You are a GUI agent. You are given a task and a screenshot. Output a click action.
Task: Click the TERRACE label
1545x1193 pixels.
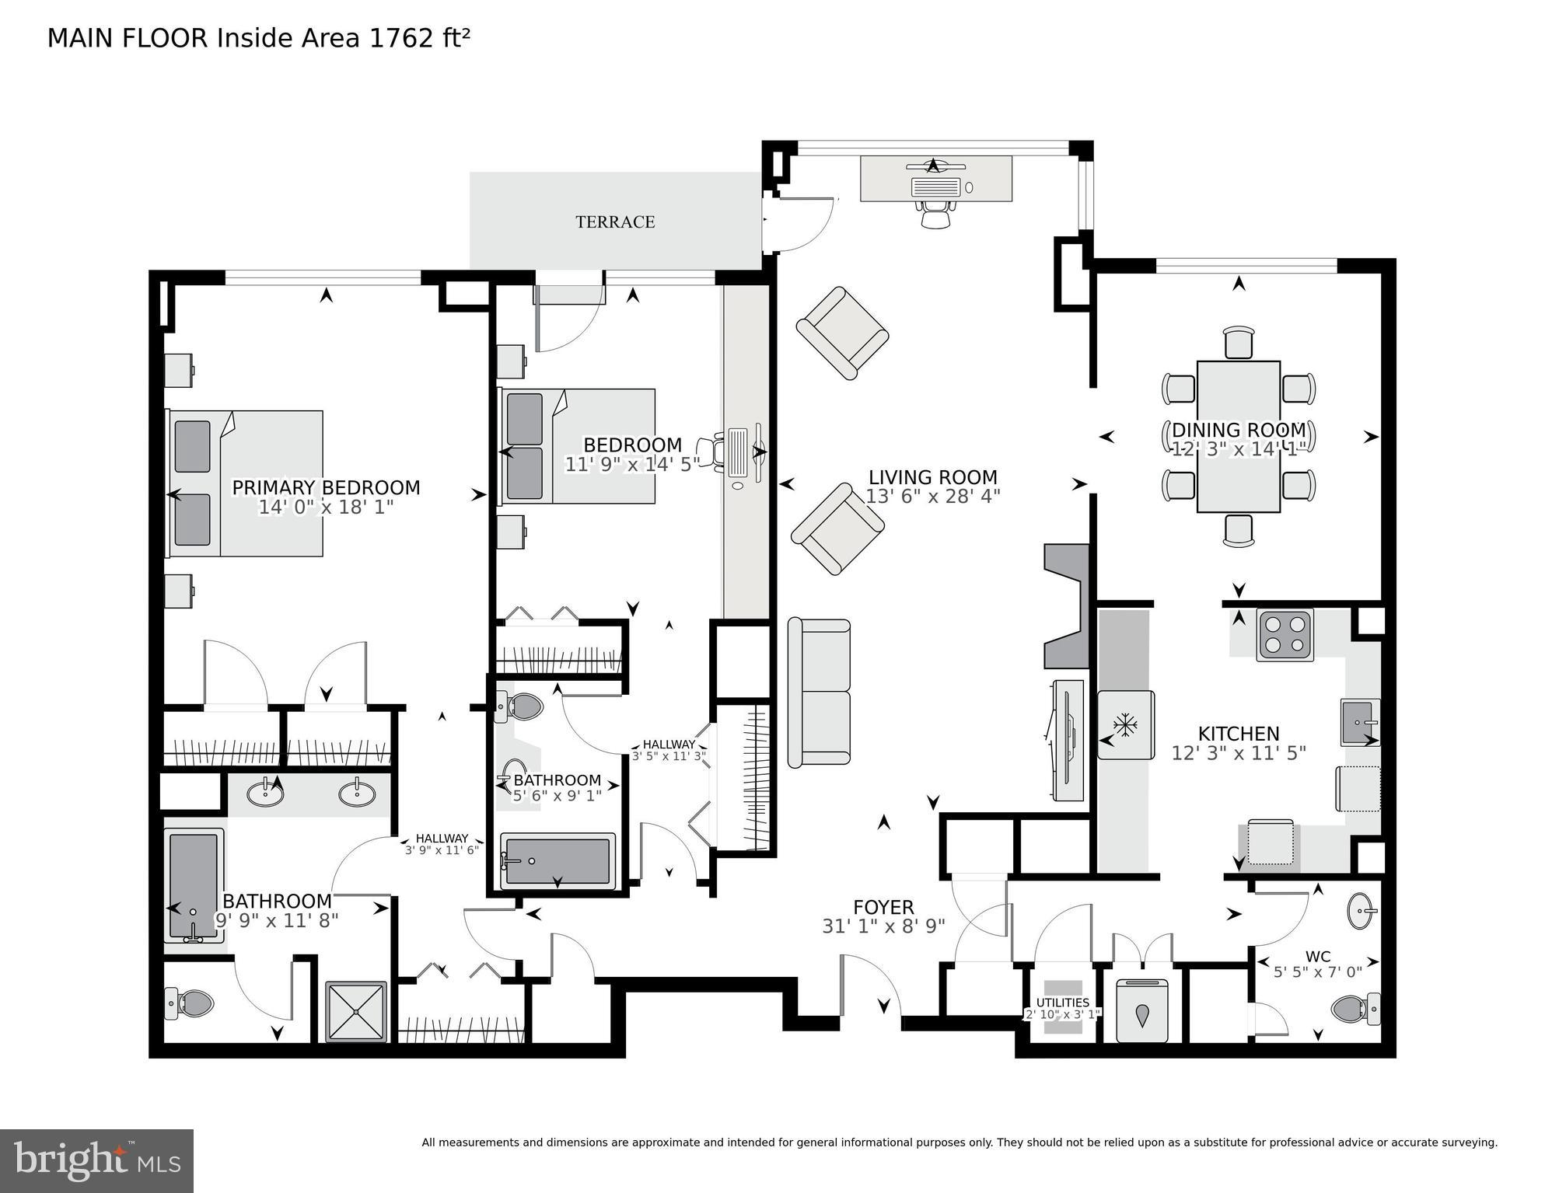614,222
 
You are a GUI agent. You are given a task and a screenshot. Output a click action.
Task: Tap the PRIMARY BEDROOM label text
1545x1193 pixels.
326,487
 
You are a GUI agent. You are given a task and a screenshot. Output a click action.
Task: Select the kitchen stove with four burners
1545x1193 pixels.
1285,635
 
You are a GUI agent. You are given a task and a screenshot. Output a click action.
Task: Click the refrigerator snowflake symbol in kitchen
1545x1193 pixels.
1125,724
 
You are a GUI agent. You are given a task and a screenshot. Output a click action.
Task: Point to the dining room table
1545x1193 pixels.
1238,436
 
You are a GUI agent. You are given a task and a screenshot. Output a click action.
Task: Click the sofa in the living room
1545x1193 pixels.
819,692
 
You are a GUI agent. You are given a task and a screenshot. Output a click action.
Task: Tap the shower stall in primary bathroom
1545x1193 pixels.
356,1010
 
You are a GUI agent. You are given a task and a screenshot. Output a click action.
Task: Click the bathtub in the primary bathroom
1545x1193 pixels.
193,885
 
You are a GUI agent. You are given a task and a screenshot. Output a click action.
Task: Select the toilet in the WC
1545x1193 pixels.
1354,1009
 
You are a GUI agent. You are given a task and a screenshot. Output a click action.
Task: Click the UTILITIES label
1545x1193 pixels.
1062,1003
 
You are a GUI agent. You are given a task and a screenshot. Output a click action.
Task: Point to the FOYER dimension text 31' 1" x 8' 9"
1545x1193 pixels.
883,926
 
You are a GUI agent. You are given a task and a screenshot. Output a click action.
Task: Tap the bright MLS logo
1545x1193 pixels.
96,1160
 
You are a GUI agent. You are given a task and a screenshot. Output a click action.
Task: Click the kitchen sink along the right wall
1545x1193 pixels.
1359,722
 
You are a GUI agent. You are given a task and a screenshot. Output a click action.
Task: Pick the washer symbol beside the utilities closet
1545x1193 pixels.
1142,1011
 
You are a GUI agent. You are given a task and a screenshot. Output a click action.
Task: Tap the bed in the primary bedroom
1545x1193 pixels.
245,483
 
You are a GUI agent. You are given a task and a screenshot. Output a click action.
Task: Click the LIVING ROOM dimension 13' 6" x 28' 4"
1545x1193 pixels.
932,496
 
